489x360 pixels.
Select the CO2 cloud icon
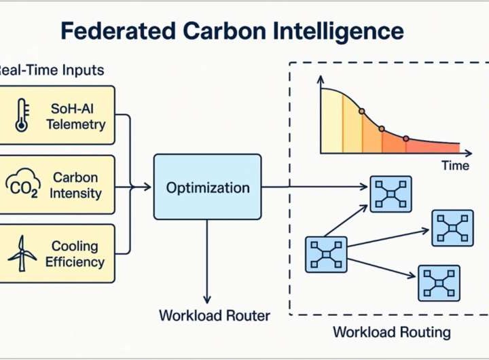click(22, 185)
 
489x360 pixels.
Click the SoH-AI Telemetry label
click(75, 115)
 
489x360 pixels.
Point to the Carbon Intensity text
click(75, 185)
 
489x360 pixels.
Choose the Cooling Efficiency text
click(75, 253)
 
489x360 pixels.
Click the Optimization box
click(207, 187)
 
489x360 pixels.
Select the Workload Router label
click(215, 315)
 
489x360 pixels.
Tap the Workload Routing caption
click(391, 332)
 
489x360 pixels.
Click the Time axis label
click(455, 165)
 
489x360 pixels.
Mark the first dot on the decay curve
click(361, 111)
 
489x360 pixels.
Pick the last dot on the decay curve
click(406, 139)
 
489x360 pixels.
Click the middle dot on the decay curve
click(382, 128)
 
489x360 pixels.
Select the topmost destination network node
click(391, 194)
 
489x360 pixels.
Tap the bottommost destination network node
click(438, 283)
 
